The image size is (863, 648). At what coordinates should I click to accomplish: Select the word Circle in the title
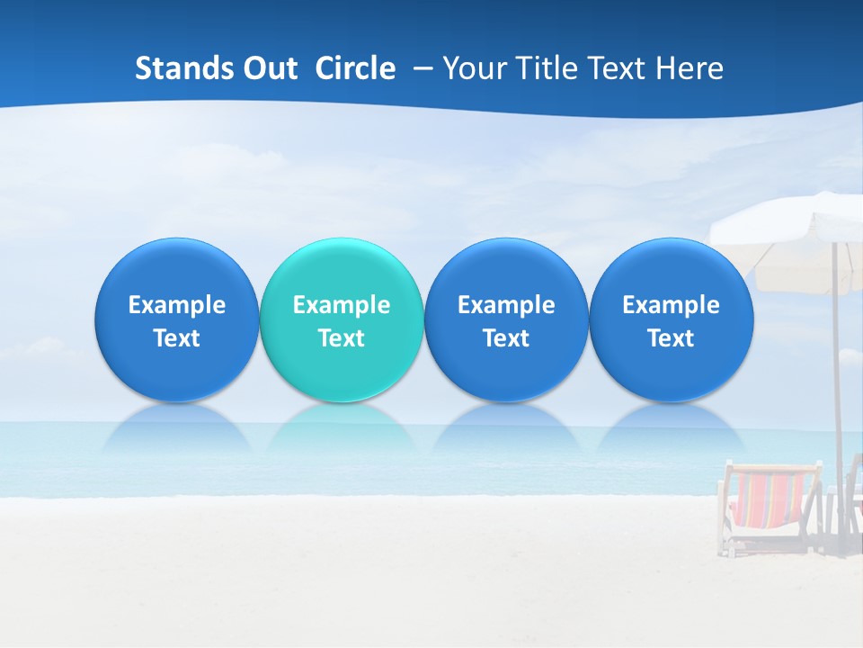pyautogui.click(x=355, y=68)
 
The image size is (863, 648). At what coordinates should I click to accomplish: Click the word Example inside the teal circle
pyautogui.click(x=342, y=305)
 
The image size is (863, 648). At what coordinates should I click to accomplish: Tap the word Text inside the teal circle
pyautogui.click(x=342, y=338)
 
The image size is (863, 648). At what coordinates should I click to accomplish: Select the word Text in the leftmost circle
pyautogui.click(x=176, y=338)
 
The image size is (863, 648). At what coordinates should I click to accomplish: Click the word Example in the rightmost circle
pyautogui.click(x=672, y=305)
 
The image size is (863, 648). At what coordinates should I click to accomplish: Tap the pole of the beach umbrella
pyautogui.click(x=837, y=378)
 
